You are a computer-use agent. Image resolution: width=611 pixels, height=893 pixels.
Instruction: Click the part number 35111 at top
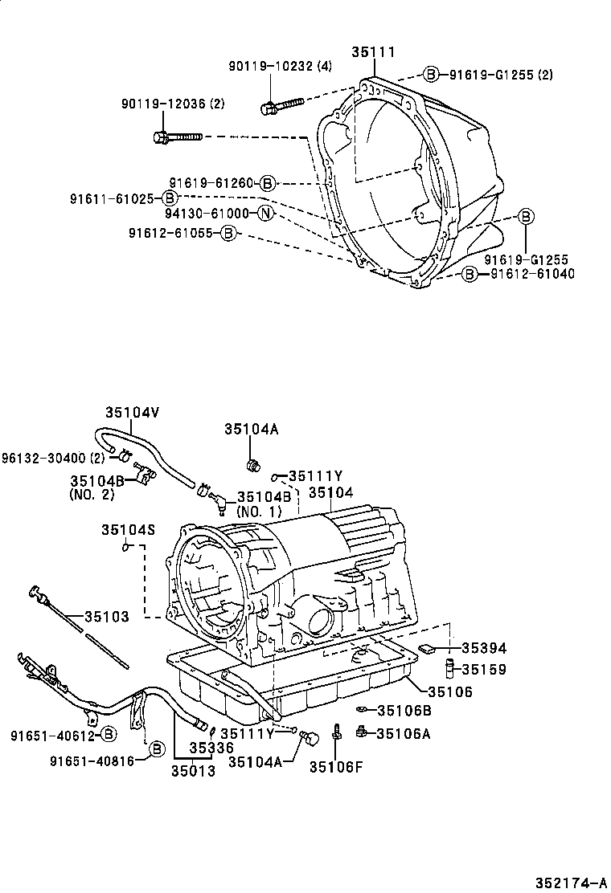pyautogui.click(x=372, y=52)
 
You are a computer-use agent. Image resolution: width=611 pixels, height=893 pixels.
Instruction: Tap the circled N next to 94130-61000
pyautogui.click(x=266, y=214)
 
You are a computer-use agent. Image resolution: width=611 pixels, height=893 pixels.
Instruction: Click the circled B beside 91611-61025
pyautogui.click(x=170, y=198)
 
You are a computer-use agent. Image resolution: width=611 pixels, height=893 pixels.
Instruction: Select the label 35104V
pyautogui.click(x=133, y=412)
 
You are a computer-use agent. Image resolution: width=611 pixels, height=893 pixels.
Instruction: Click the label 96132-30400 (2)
pyautogui.click(x=53, y=458)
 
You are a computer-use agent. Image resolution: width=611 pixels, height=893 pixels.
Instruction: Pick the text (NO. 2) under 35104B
pyautogui.click(x=92, y=495)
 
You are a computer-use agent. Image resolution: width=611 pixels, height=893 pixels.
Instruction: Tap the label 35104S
pyautogui.click(x=128, y=529)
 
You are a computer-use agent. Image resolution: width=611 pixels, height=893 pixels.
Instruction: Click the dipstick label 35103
pyautogui.click(x=107, y=617)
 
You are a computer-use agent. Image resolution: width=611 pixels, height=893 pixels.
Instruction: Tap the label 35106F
pyautogui.click(x=336, y=766)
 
